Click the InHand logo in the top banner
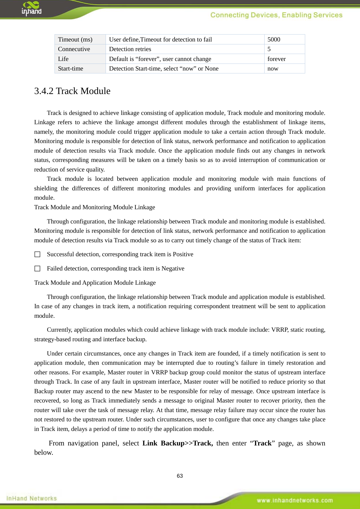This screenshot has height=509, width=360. (31, 8)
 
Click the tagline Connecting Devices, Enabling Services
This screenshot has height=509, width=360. (276, 15)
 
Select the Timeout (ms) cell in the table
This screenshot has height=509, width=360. (75, 39)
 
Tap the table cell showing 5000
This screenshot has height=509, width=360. (274, 39)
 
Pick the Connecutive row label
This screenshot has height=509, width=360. (74, 49)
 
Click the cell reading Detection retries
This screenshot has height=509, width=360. (130, 49)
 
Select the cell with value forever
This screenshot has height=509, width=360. (276, 59)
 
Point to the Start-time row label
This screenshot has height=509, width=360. (70, 68)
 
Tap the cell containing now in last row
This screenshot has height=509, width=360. (273, 68)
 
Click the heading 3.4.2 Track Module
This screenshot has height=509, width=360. (72, 91)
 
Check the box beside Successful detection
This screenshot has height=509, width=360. (37, 255)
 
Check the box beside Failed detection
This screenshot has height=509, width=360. (37, 269)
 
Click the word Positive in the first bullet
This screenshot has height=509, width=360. (183, 254)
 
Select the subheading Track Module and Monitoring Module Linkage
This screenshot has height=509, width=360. (95, 207)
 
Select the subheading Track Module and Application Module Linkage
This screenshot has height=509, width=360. (95, 283)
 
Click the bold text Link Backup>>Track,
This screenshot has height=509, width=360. (178, 443)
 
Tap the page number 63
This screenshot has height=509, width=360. (180, 476)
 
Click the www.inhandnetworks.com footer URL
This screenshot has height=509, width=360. (295, 500)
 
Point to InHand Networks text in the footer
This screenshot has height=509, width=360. (31, 498)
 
